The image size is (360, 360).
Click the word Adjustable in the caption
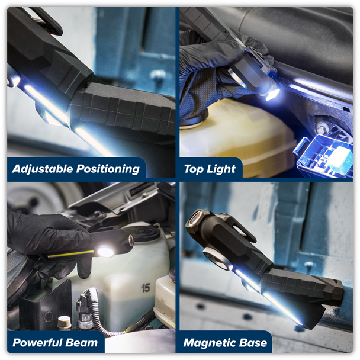click(43, 169)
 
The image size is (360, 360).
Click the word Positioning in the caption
click(108, 169)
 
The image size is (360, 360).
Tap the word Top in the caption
click(194, 169)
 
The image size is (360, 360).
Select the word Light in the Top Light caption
click(221, 169)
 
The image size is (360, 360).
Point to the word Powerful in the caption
click(37, 343)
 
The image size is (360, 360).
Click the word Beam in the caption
click(82, 343)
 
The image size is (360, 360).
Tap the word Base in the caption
click(253, 343)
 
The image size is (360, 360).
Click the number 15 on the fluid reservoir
click(146, 288)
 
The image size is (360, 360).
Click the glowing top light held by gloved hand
click(272, 94)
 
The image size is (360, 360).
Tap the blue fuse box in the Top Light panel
click(323, 156)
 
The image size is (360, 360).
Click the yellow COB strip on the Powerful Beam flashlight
click(70, 254)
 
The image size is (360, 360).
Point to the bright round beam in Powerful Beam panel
click(105, 251)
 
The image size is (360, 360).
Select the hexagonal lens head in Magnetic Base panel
click(195, 221)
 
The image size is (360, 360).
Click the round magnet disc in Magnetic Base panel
click(216, 259)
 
